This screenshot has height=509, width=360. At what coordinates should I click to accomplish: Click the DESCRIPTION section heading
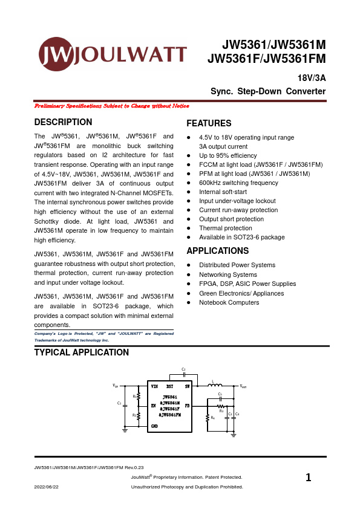(x=64, y=122)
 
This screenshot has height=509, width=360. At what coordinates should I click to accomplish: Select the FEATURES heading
(x=209, y=123)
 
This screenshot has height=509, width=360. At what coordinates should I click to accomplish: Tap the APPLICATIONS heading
(x=218, y=251)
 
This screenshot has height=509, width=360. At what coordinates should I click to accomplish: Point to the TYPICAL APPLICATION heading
(x=82, y=352)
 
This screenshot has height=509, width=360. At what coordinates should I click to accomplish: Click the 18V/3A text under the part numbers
(x=312, y=79)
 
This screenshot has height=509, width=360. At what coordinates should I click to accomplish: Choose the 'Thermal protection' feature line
(x=225, y=228)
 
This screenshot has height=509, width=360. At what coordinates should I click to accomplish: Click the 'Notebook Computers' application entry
(x=229, y=302)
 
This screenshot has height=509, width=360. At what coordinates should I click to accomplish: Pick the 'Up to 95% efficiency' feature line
(x=227, y=155)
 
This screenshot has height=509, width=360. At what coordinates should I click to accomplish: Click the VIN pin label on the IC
(x=155, y=386)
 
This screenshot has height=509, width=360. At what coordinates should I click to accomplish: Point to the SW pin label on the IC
(x=188, y=386)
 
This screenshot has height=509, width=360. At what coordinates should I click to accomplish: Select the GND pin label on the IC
(x=154, y=427)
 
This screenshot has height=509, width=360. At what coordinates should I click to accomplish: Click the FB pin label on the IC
(x=187, y=405)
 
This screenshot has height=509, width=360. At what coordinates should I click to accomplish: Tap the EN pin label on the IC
(x=154, y=406)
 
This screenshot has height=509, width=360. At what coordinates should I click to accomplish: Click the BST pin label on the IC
(x=170, y=386)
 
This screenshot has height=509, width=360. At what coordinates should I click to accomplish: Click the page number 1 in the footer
(x=309, y=478)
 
